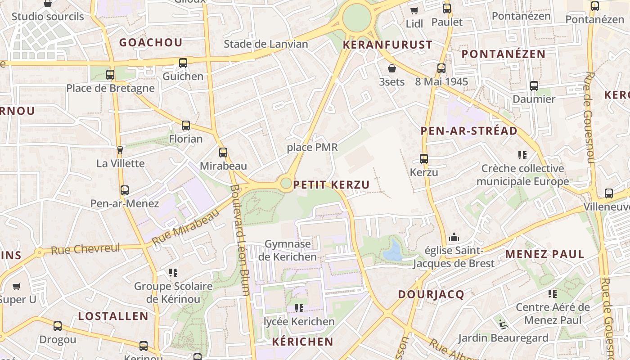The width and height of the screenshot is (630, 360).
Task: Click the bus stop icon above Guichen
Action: [183, 63]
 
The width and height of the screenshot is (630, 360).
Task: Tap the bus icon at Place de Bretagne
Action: [110, 75]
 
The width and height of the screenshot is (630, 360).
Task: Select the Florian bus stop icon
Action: [186, 126]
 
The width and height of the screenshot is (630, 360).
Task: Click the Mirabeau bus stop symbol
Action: [223, 153]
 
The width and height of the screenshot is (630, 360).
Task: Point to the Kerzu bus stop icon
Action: [424, 159]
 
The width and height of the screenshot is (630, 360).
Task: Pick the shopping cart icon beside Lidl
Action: [414, 10]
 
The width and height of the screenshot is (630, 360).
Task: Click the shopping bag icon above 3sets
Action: [392, 68]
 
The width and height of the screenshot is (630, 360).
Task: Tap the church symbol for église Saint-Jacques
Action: [454, 237]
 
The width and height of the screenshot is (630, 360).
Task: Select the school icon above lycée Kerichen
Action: [299, 308]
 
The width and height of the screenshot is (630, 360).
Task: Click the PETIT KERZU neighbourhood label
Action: [331, 185]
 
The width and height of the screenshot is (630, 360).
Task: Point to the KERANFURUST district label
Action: [387, 45]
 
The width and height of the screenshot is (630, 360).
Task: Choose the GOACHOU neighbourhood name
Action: [151, 43]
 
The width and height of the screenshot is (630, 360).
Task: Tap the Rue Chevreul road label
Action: [85, 249]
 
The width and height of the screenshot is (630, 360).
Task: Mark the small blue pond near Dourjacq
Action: [393, 251]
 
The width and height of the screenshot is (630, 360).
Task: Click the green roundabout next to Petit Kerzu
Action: [286, 183]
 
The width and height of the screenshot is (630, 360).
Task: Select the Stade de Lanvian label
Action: [266, 44]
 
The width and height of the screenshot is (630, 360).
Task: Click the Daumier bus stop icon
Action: [534, 85]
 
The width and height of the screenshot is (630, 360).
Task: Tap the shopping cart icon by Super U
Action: [17, 286]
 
